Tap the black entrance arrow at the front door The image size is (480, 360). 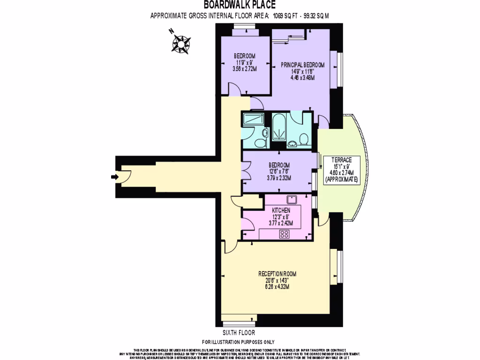114,177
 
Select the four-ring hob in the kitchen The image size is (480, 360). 284,235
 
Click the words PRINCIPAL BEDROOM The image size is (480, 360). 302,65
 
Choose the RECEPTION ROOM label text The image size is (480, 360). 277,274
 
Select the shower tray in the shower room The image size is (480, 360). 253,120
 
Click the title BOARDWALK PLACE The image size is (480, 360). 236,5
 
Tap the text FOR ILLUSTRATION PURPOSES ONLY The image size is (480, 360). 238,342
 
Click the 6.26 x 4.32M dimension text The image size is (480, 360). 277,287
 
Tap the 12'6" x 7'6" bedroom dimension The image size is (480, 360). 279,172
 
